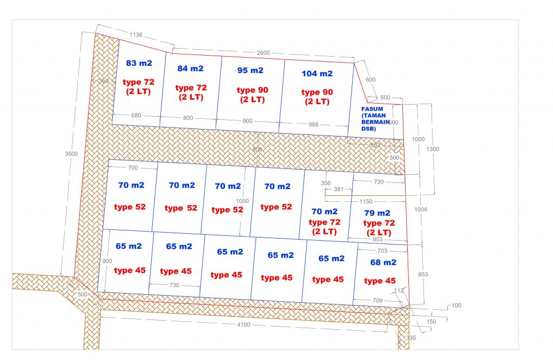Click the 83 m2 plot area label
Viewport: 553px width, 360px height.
coord(139,63)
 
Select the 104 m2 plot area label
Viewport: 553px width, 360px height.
coord(317,74)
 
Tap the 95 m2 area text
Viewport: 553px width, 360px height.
coord(251,71)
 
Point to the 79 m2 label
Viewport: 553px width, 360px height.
coord(377,213)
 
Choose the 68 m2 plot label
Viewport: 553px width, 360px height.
coord(383,262)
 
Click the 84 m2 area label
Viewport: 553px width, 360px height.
coord(191,69)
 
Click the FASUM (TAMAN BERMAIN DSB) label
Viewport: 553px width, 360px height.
coord(375,119)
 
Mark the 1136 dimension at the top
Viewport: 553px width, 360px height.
coord(136,35)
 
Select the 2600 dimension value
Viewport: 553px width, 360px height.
coord(263,53)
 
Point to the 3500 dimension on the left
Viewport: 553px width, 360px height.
coord(71,154)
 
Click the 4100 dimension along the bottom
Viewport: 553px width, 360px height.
coord(244,325)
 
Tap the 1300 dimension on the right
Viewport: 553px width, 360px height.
coord(433,149)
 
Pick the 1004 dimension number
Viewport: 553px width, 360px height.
coord(421,209)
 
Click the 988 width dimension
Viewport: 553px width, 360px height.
coord(313,125)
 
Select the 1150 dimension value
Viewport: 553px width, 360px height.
coord(366,201)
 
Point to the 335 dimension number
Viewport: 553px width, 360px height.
coord(411,338)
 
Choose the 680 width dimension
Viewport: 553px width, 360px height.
coord(136,116)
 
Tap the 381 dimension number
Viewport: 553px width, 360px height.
coord(339,189)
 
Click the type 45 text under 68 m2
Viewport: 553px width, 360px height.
coord(380,281)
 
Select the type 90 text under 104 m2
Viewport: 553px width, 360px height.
coord(317,92)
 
